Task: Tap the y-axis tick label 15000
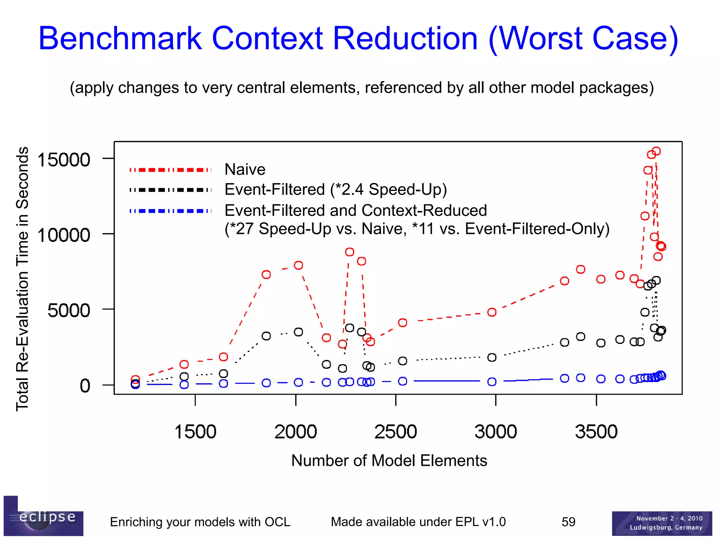click(x=64, y=160)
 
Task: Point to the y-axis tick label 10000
click(x=64, y=235)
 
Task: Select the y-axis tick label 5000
click(x=69, y=310)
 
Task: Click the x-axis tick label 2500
click(x=396, y=431)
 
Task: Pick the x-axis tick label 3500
click(x=596, y=431)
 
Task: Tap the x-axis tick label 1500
click(x=195, y=431)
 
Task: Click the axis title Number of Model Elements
click(x=389, y=461)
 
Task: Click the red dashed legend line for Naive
click(x=170, y=170)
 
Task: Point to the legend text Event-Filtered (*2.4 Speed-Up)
click(x=335, y=190)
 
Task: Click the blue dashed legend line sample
click(x=170, y=211)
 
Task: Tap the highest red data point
click(x=656, y=151)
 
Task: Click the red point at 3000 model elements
click(x=492, y=312)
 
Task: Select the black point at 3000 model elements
click(x=492, y=357)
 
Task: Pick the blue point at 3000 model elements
click(x=492, y=382)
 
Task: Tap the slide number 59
click(x=568, y=522)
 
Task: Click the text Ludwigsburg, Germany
click(x=666, y=527)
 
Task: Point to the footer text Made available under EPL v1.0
click(x=418, y=522)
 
